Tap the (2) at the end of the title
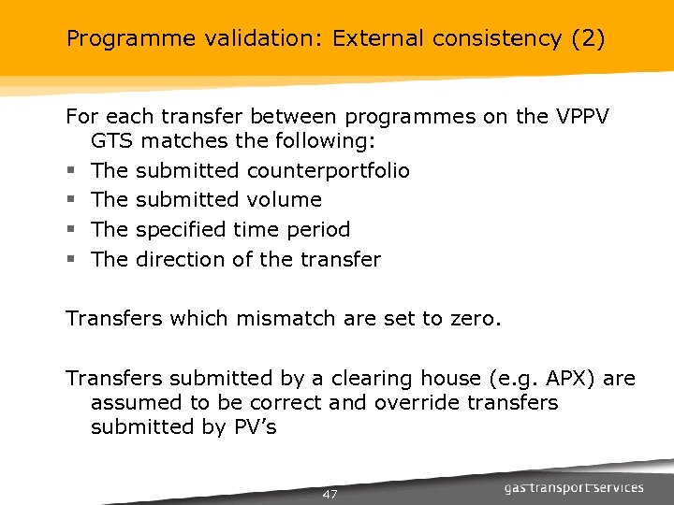586,39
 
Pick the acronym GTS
112,140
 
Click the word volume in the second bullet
285,199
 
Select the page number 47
330,494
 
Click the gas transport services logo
573,487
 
